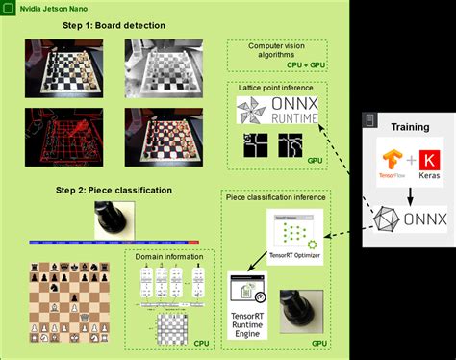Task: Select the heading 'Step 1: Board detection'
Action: pos(100,25)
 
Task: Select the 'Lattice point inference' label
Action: pos(278,88)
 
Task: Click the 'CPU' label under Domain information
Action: pos(199,341)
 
